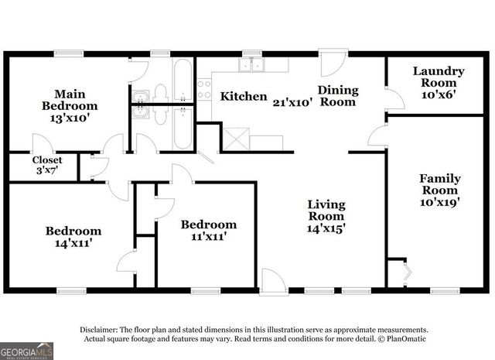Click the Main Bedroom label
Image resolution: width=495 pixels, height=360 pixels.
tap(69, 105)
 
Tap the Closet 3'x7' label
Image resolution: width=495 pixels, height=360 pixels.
tap(46, 166)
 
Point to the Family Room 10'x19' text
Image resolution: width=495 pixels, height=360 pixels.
tap(439, 190)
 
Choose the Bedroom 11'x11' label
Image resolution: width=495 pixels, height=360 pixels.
tap(209, 230)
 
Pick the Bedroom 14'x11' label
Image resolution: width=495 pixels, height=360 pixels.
tap(73, 236)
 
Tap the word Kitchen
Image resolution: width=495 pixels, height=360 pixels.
tap(244, 97)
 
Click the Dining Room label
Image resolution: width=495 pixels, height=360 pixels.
tap(338, 95)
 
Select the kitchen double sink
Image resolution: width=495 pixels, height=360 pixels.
tap(251, 66)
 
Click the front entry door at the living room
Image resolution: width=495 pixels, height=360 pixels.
tap(272, 281)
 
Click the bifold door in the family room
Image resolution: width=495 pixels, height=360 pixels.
tap(407, 273)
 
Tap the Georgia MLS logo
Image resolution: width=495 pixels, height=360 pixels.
tap(26, 350)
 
